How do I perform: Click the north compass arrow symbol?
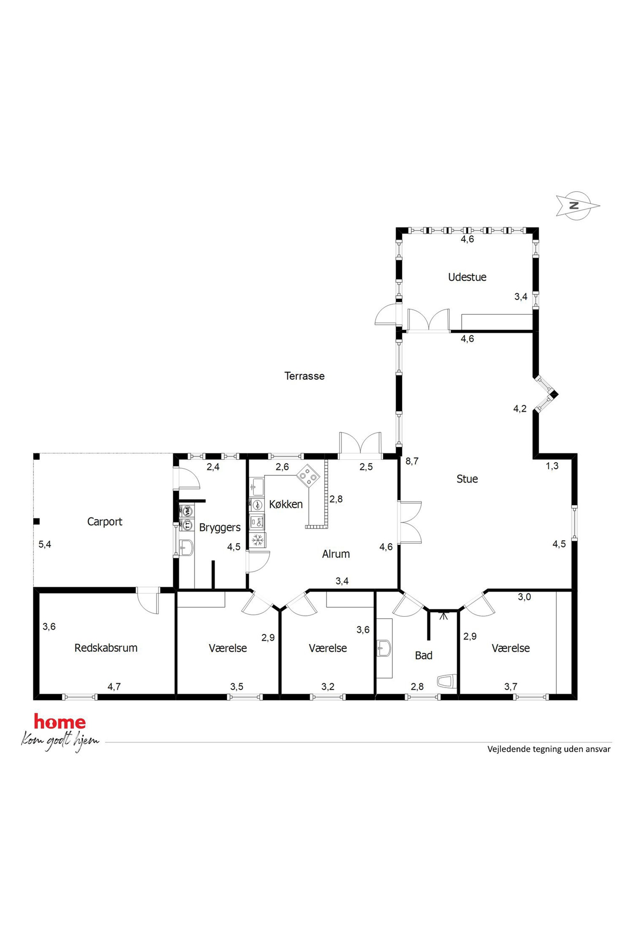coord(578,205)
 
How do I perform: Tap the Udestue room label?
coord(467,277)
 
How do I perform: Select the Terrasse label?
coord(304,376)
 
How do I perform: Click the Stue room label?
coord(467,479)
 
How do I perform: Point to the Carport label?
coord(105,522)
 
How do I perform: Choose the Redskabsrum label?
coord(106,648)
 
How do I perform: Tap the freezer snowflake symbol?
coord(257,540)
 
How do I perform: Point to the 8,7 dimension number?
coord(412,461)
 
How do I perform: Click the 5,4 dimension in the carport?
coord(45,544)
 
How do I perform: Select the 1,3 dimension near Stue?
coord(552,466)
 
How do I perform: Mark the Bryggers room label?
coord(220,527)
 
